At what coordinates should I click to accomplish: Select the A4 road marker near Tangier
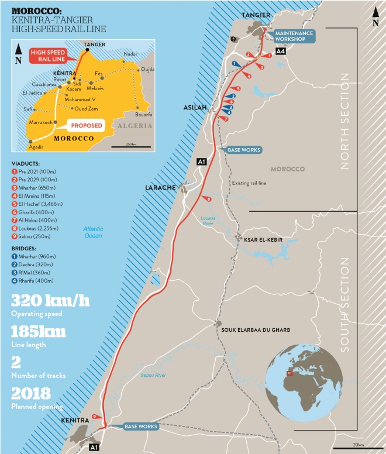tap(281, 51)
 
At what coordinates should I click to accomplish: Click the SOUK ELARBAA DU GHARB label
tap(256, 330)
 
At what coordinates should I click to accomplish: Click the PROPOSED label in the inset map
tap(86, 126)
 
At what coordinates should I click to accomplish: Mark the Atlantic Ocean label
tap(92, 232)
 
